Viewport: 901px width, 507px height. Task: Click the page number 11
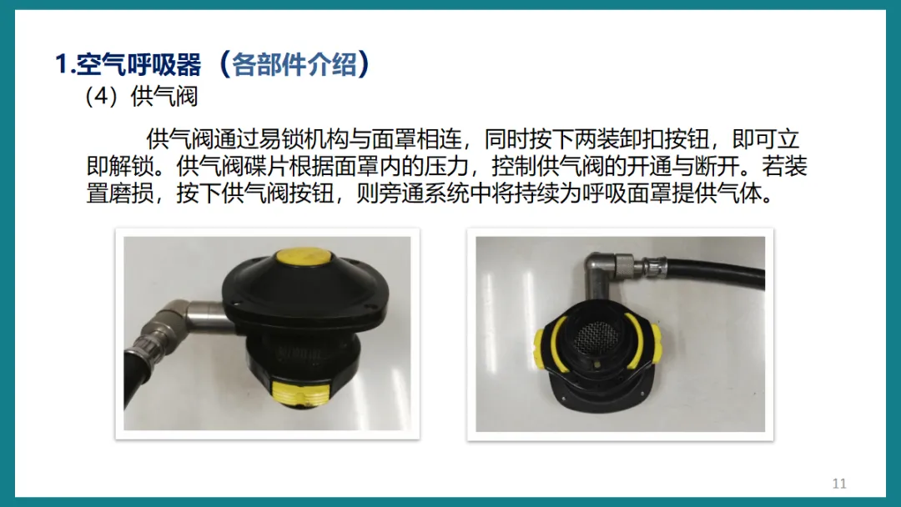point(839,484)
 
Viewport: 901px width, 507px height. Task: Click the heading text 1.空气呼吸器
point(128,63)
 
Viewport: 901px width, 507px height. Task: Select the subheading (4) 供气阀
point(141,97)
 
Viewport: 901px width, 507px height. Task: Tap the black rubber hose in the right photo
point(718,273)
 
